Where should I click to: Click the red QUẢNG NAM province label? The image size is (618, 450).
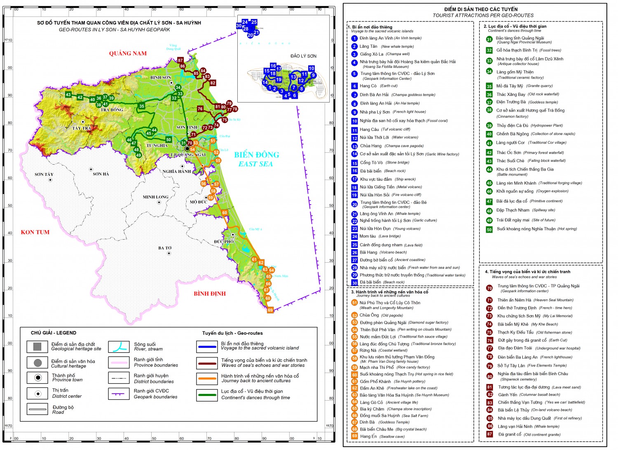128,54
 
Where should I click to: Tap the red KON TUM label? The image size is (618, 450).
35,232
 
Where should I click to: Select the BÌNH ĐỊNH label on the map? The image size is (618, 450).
210,294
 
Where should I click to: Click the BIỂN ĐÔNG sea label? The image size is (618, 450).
257,155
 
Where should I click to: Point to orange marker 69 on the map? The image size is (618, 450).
270,310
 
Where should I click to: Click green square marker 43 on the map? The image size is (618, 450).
68,95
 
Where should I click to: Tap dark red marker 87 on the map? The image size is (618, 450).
180,61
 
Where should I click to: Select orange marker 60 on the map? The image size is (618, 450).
225,213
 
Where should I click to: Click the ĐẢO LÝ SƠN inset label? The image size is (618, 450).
303,56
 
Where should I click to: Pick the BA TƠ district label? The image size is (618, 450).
165,248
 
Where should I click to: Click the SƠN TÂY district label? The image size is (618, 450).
44,175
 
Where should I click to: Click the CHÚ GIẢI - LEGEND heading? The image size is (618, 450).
54,333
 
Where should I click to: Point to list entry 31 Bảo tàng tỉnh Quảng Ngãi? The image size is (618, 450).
520,38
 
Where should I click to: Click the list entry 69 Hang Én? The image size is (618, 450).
368,436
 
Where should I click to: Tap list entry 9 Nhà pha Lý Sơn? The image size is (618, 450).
375,112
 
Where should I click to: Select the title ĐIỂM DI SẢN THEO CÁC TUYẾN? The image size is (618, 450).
481,9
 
